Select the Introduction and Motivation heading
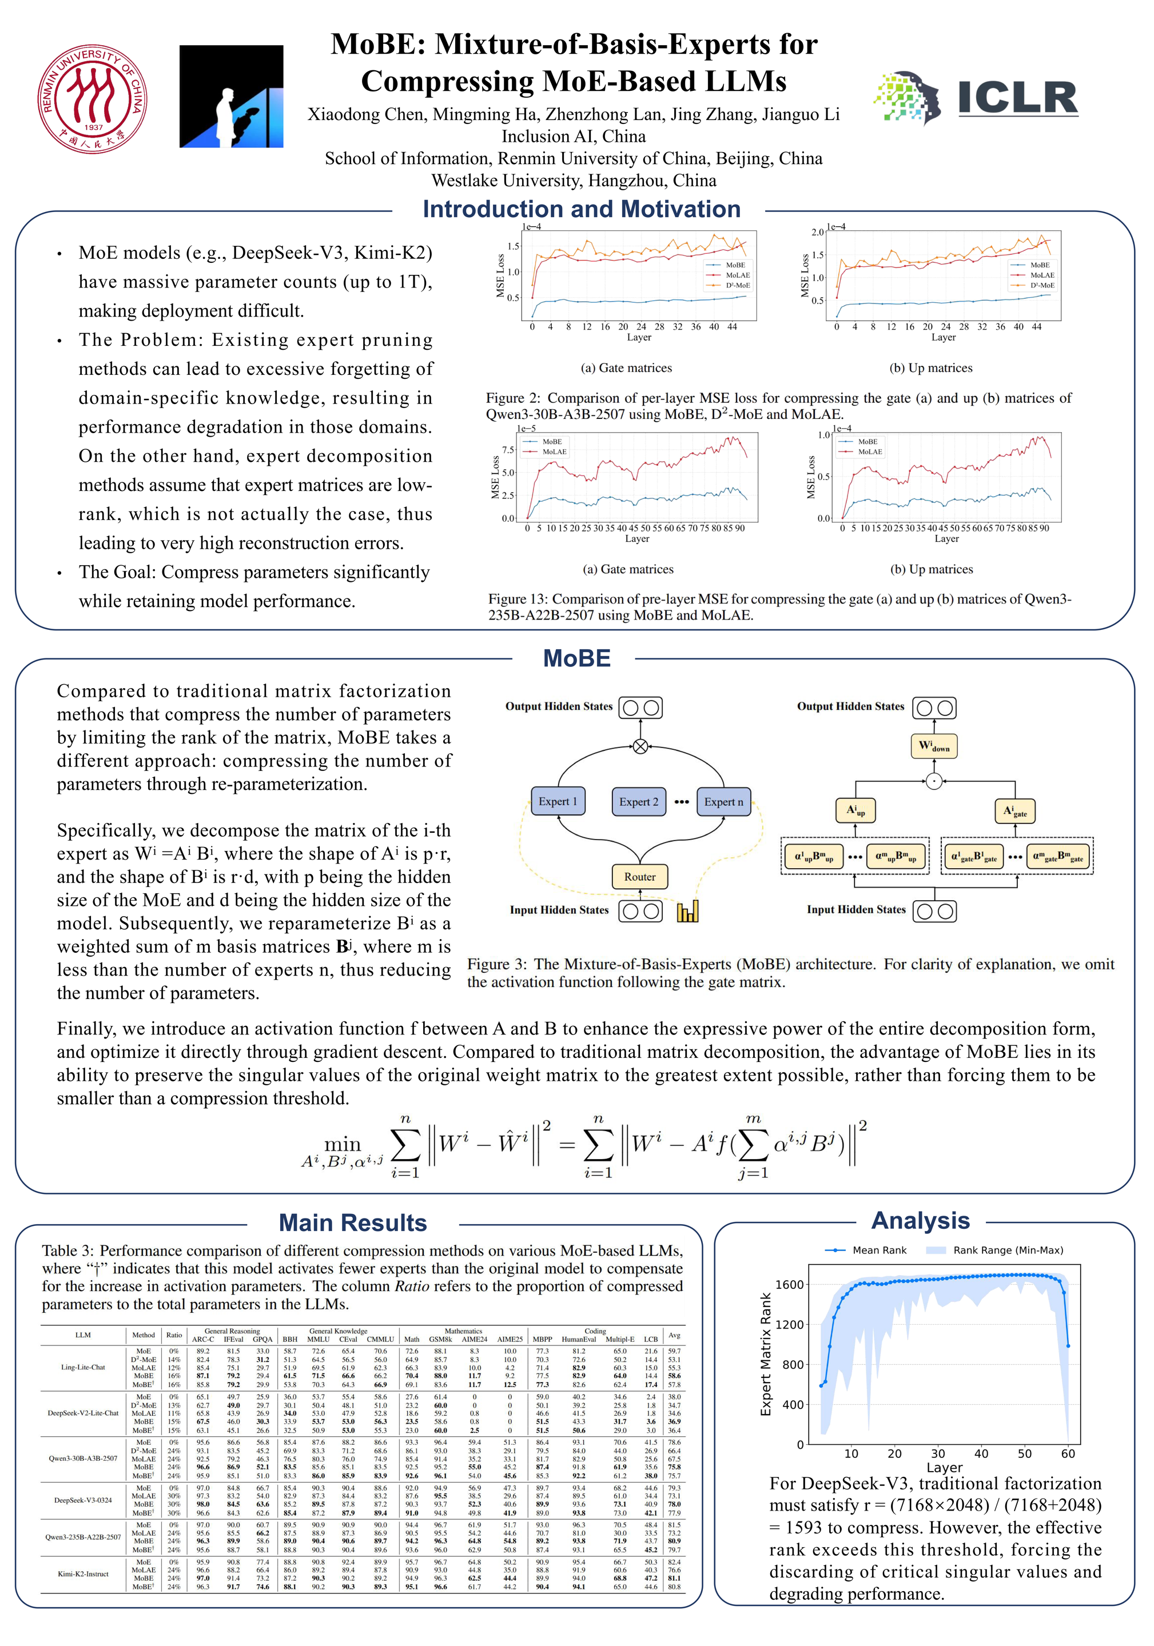581,209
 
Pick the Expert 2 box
638,801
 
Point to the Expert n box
723,801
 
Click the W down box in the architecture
934,746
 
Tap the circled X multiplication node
640,746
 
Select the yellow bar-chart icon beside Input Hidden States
687,911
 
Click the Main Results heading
352,1222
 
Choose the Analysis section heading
920,1220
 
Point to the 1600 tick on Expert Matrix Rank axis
790,1284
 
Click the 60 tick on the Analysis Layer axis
1067,1453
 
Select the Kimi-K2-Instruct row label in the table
83,1573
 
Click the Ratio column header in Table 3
174,1335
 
